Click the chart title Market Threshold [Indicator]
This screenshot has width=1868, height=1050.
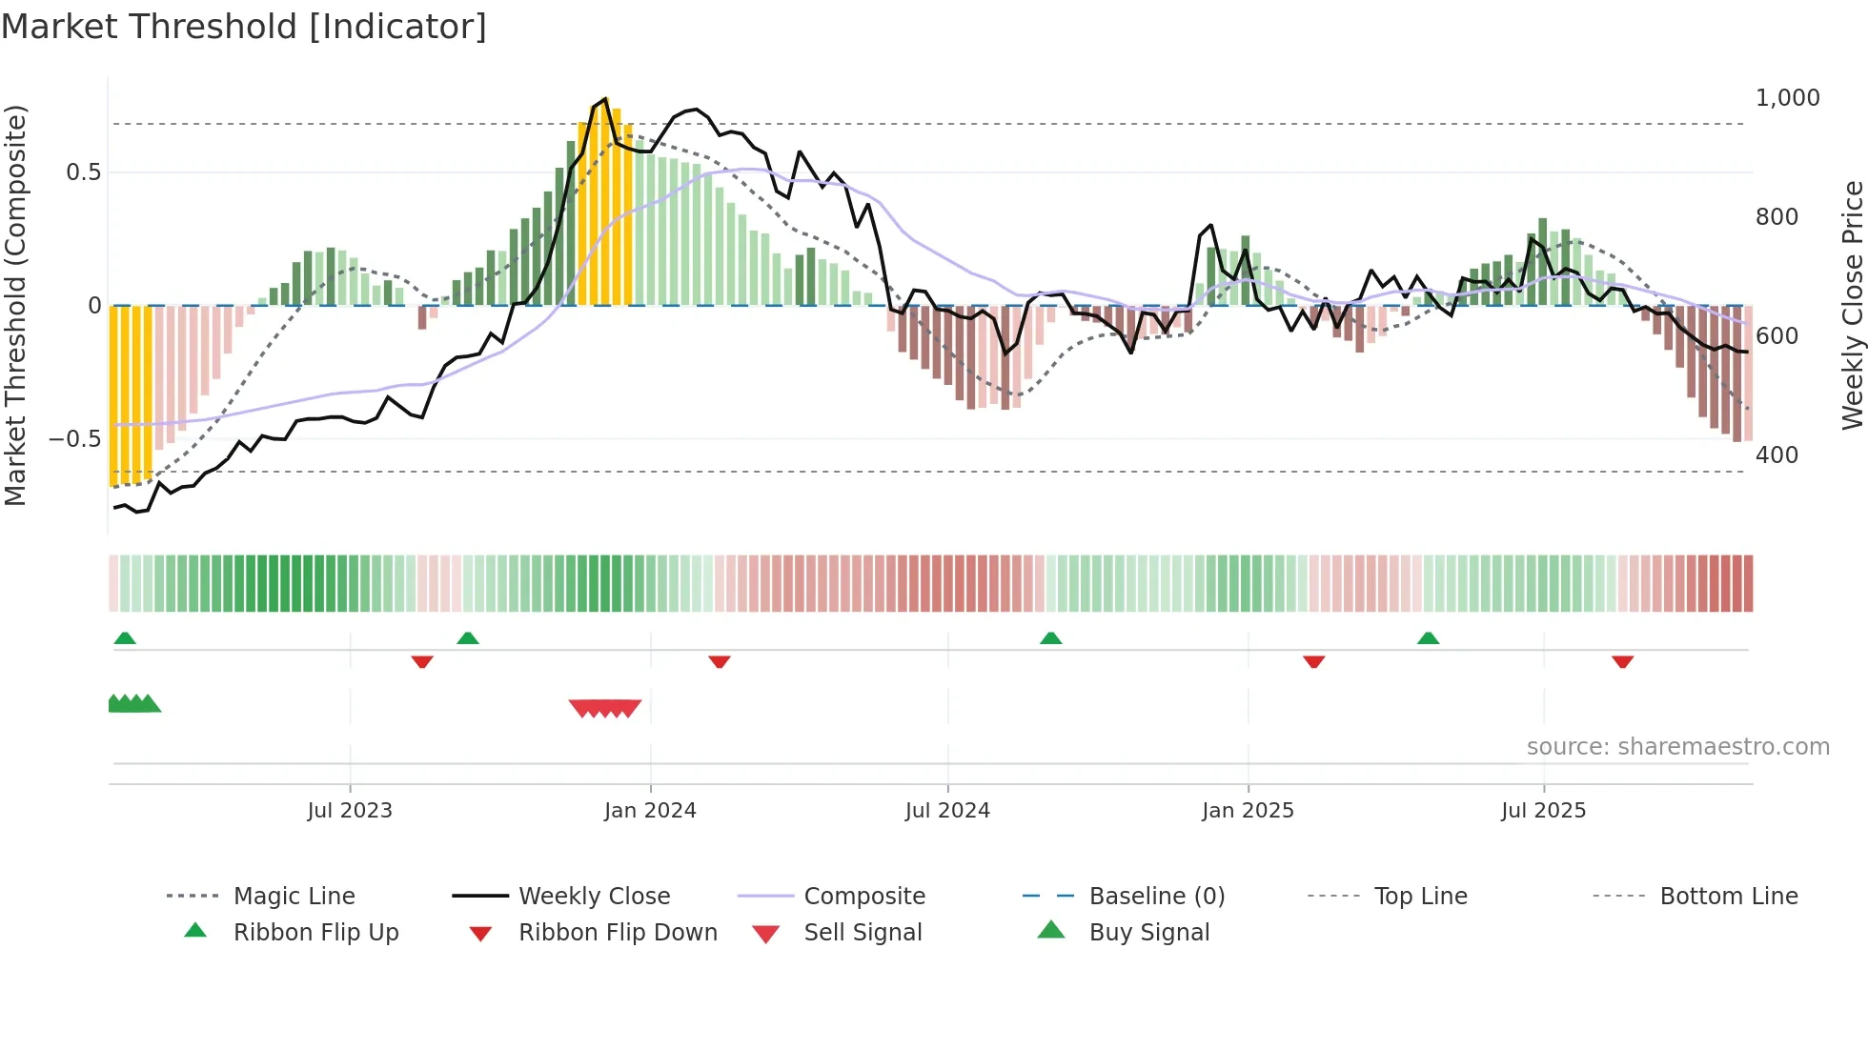(244, 27)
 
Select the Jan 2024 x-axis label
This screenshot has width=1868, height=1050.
(650, 811)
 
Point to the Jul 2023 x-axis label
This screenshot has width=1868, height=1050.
(350, 811)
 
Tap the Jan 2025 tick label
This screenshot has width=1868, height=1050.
(1248, 811)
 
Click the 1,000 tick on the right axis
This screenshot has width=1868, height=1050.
(1787, 98)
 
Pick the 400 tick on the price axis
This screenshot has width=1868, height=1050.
(1777, 455)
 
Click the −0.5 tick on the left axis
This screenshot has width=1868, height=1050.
(75, 439)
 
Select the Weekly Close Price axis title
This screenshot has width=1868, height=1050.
(1852, 305)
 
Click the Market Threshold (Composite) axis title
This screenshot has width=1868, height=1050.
(15, 305)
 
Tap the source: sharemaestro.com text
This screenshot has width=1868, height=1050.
(1677, 747)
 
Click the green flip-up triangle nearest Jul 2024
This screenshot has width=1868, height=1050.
(1050, 638)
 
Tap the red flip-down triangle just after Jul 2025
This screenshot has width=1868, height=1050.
(1622, 661)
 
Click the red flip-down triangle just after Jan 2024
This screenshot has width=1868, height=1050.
(720, 661)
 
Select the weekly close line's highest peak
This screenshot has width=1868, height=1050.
(604, 99)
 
